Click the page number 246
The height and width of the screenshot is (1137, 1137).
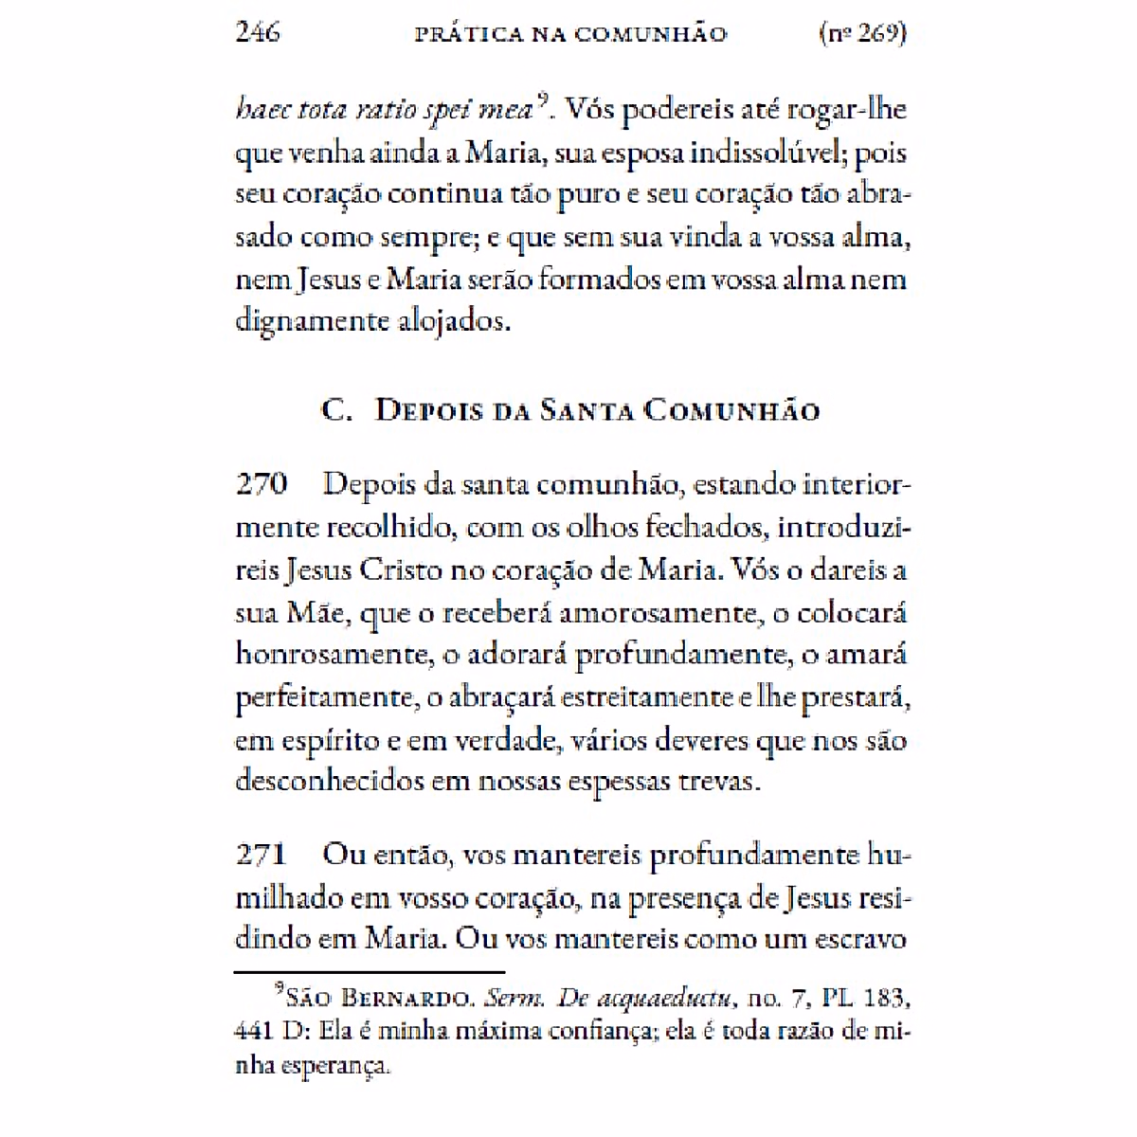[x=258, y=32]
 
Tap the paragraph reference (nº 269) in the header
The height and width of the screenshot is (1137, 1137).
[x=861, y=33]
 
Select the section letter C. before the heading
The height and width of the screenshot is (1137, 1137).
[x=337, y=410]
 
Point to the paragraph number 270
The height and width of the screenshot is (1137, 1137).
[x=262, y=484]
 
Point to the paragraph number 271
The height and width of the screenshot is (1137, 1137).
[x=261, y=855]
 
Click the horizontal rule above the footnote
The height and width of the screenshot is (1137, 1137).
[x=370, y=971]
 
